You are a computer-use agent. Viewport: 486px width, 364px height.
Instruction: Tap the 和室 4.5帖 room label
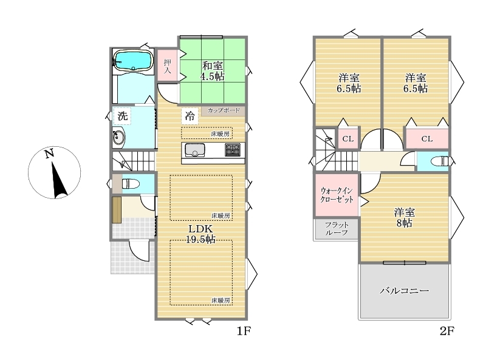click(212, 71)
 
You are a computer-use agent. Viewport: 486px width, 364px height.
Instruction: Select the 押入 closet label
click(168, 66)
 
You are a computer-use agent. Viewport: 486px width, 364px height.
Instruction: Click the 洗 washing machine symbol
click(123, 116)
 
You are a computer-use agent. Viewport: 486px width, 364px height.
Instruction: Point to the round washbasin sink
click(118, 137)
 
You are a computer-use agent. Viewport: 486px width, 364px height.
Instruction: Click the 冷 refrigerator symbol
click(190, 116)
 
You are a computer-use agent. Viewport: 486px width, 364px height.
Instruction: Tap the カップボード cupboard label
click(224, 110)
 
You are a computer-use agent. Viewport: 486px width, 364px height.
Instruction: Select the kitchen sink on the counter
click(195, 150)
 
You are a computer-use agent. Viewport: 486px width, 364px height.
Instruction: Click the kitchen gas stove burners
click(233, 150)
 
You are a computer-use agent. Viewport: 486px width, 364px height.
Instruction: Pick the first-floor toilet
click(131, 184)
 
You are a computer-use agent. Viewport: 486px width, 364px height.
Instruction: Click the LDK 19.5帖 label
click(200, 234)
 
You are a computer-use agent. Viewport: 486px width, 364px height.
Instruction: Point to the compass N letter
click(49, 153)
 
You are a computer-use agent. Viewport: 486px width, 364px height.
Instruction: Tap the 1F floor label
click(244, 331)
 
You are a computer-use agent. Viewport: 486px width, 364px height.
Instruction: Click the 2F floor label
click(447, 331)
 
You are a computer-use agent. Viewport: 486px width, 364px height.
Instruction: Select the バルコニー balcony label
click(405, 291)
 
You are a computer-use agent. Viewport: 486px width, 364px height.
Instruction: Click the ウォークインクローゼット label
click(337, 195)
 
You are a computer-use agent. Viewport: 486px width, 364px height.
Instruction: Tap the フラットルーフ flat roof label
click(337, 229)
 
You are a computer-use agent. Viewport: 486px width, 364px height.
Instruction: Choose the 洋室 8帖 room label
click(405, 218)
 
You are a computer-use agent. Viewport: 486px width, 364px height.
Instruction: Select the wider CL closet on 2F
click(427, 139)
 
